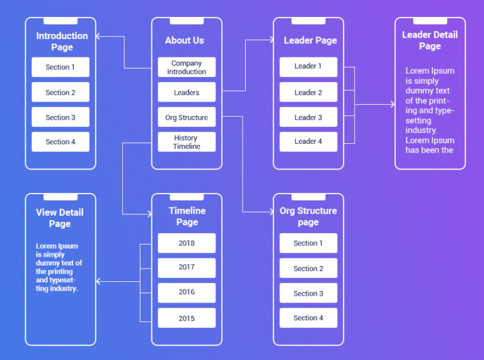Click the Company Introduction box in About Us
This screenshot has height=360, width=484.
point(187,67)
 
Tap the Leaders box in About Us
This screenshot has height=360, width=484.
point(187,93)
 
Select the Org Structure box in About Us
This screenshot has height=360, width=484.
point(187,117)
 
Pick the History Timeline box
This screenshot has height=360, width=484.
point(187,142)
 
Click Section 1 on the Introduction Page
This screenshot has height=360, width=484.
point(60,67)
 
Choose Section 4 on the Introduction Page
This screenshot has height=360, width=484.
point(60,142)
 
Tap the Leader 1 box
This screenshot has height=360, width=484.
point(308,66)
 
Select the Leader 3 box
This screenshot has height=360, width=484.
point(308,117)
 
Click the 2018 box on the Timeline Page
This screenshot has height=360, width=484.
point(187,243)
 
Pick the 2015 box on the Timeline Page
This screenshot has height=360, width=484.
point(187,318)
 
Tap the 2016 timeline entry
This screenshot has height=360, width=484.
point(187,293)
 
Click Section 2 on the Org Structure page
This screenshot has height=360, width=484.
point(308,269)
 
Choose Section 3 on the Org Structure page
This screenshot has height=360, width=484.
point(308,294)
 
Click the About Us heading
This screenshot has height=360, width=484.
point(185,40)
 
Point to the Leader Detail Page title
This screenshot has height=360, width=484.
point(430,40)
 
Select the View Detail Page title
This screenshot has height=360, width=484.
point(60,218)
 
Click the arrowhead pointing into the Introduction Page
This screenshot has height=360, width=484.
point(98,37)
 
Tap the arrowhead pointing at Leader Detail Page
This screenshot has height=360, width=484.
point(392,104)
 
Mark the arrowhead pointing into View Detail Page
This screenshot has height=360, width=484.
point(98,281)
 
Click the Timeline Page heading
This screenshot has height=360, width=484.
point(187,216)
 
